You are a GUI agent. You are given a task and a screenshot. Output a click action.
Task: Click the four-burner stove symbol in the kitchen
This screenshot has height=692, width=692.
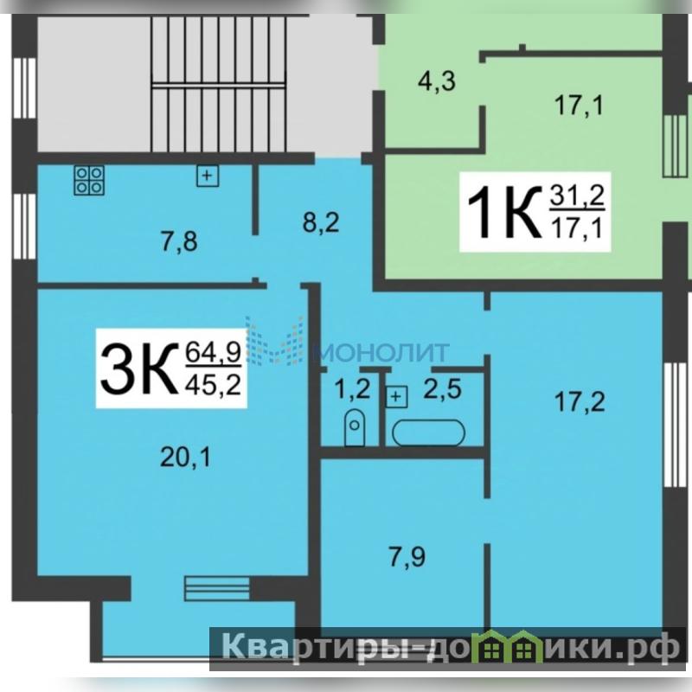click(x=89, y=180)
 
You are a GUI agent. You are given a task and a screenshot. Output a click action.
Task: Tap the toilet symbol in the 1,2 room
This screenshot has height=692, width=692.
click(x=355, y=427)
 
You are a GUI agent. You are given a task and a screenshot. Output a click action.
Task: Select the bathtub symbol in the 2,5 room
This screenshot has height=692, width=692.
click(x=428, y=432)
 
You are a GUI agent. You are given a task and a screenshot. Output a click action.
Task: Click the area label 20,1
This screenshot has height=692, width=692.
click(x=185, y=458)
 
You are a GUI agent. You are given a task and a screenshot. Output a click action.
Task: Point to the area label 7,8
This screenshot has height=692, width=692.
click(x=179, y=242)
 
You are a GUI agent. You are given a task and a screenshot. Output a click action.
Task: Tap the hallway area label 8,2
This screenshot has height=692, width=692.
click(x=321, y=223)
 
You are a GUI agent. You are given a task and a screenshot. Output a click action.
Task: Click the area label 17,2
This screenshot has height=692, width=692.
click(x=580, y=402)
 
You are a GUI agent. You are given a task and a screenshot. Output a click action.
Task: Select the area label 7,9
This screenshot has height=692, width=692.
click(x=407, y=556)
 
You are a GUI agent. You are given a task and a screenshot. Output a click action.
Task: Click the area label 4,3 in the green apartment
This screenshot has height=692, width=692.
click(x=437, y=81)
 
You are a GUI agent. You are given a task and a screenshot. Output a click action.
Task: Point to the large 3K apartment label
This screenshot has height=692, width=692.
click(x=137, y=368)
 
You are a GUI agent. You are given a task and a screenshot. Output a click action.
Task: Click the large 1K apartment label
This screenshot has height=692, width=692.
click(x=504, y=212)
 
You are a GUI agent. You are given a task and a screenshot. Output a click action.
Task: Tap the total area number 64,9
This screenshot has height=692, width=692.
click(x=214, y=353)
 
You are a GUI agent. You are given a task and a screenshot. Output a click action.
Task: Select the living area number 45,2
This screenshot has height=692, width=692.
click(x=214, y=385)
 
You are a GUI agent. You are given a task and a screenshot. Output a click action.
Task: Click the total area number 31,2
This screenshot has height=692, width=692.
click(x=577, y=196)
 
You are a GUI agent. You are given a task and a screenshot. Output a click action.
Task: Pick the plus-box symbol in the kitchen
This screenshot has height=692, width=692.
click(x=208, y=176)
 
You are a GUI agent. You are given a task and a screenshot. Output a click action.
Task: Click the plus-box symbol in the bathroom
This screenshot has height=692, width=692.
click(x=397, y=396)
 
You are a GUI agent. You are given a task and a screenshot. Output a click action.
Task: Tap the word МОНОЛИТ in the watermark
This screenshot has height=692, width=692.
click(x=382, y=352)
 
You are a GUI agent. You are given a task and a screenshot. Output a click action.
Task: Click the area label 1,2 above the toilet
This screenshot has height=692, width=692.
click(x=352, y=389)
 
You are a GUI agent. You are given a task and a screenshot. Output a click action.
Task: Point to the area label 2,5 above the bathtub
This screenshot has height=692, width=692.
click(x=443, y=389)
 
